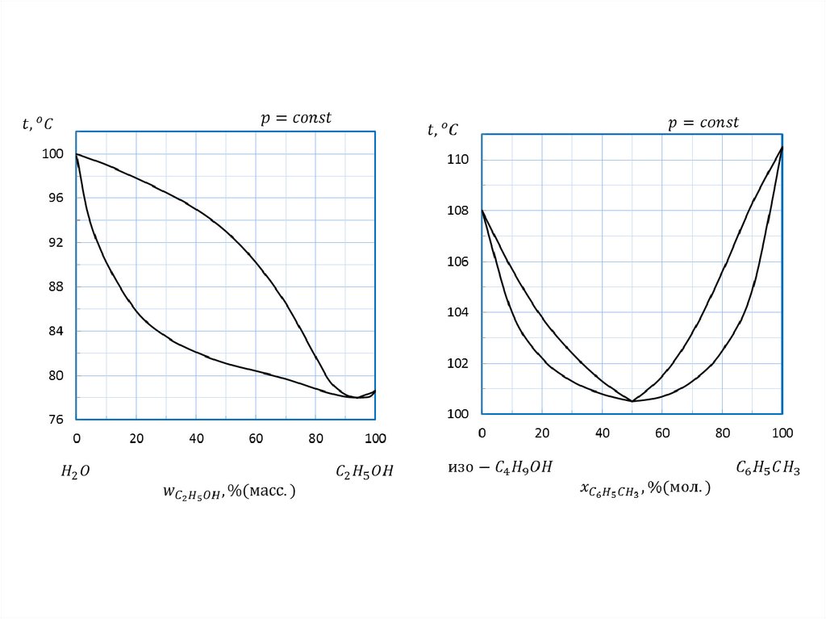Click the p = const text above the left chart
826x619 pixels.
(x=295, y=118)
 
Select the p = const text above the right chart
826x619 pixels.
(x=703, y=123)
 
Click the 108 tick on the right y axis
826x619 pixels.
(x=458, y=211)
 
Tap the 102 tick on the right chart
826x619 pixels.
(x=458, y=364)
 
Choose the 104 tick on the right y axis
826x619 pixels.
(x=458, y=313)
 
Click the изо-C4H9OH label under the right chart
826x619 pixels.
(x=500, y=467)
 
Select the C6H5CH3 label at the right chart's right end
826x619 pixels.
(x=767, y=467)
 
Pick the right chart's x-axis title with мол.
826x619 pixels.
(x=645, y=488)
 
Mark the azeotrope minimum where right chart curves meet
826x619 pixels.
(x=632, y=401)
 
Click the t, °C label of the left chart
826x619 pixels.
(x=38, y=123)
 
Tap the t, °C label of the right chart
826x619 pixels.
(x=443, y=129)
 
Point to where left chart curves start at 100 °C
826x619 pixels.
(x=77, y=153)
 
